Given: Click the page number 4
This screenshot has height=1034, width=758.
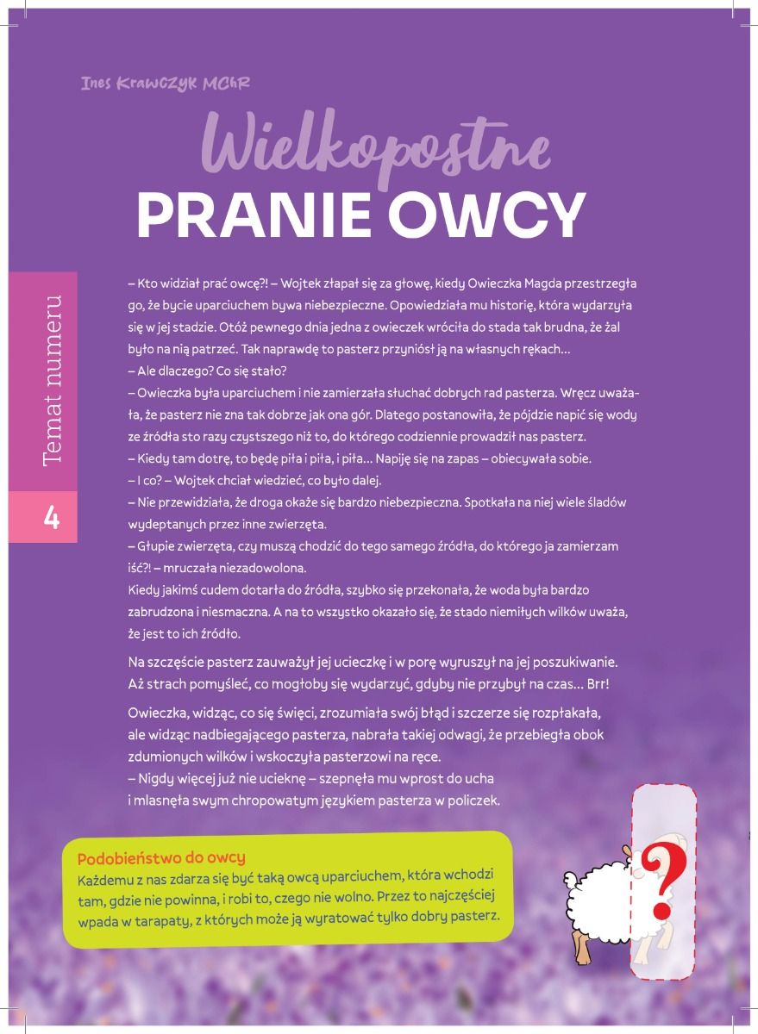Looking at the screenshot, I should (51, 519).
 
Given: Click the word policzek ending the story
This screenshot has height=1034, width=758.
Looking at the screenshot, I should (473, 800).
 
